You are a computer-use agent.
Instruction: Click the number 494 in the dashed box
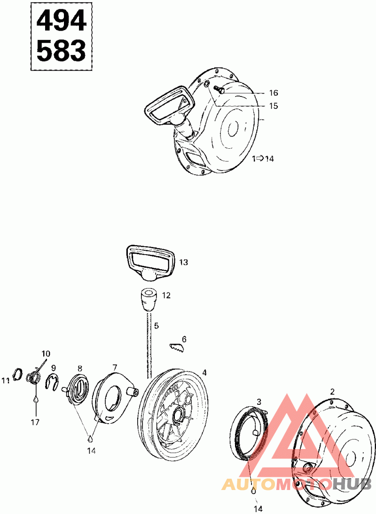click(61, 20)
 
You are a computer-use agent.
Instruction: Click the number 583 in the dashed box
click(61, 50)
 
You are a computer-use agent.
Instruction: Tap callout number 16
click(274, 93)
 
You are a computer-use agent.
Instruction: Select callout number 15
click(274, 106)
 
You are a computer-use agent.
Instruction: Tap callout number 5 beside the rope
click(157, 325)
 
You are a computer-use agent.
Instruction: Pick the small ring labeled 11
click(17, 375)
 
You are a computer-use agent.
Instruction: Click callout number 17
click(35, 422)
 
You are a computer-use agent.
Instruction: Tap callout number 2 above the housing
click(332, 391)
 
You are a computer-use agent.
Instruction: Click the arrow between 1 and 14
click(260, 159)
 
